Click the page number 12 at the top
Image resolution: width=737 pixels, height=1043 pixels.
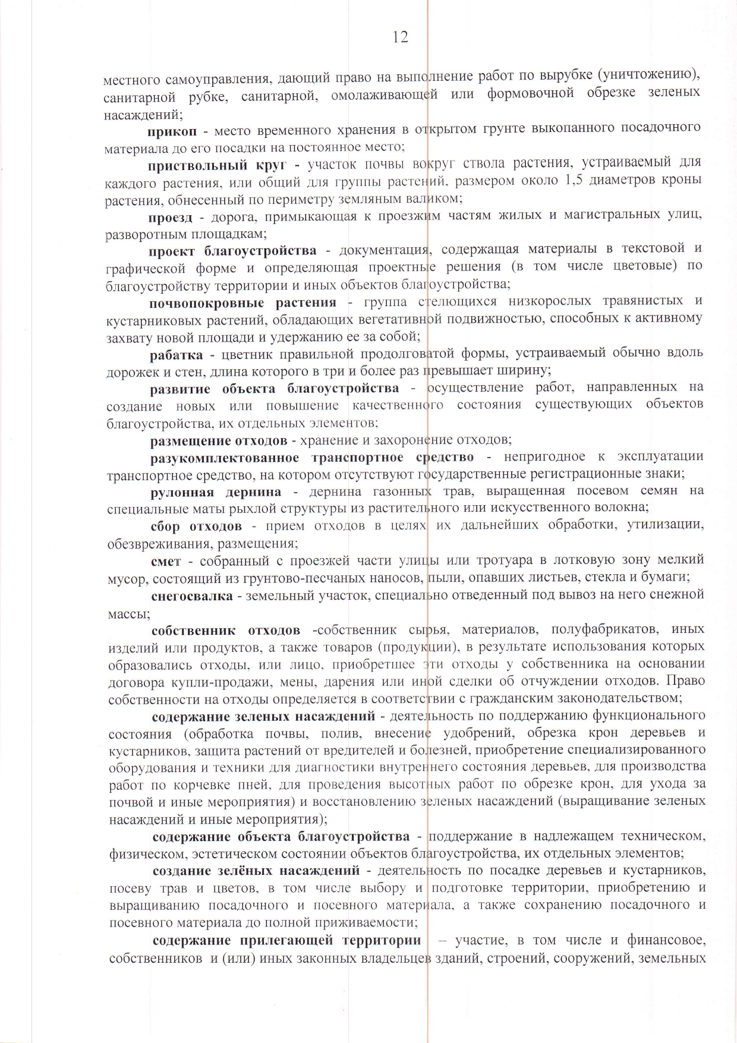(x=400, y=37)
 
